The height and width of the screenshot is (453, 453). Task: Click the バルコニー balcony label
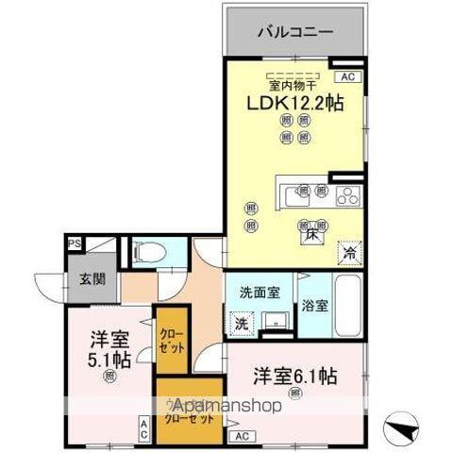coord(295,31)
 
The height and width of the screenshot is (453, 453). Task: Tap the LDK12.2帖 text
coord(294,104)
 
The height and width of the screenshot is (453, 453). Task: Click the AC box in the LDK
coord(347,76)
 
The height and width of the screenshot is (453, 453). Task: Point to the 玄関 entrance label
coord(78,279)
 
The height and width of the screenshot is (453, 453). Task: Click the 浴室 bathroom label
coord(314,305)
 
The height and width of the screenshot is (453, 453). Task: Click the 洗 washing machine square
coord(241,322)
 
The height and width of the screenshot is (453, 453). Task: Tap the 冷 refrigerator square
coord(348,252)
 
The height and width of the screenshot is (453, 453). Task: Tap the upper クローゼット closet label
coord(171,339)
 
